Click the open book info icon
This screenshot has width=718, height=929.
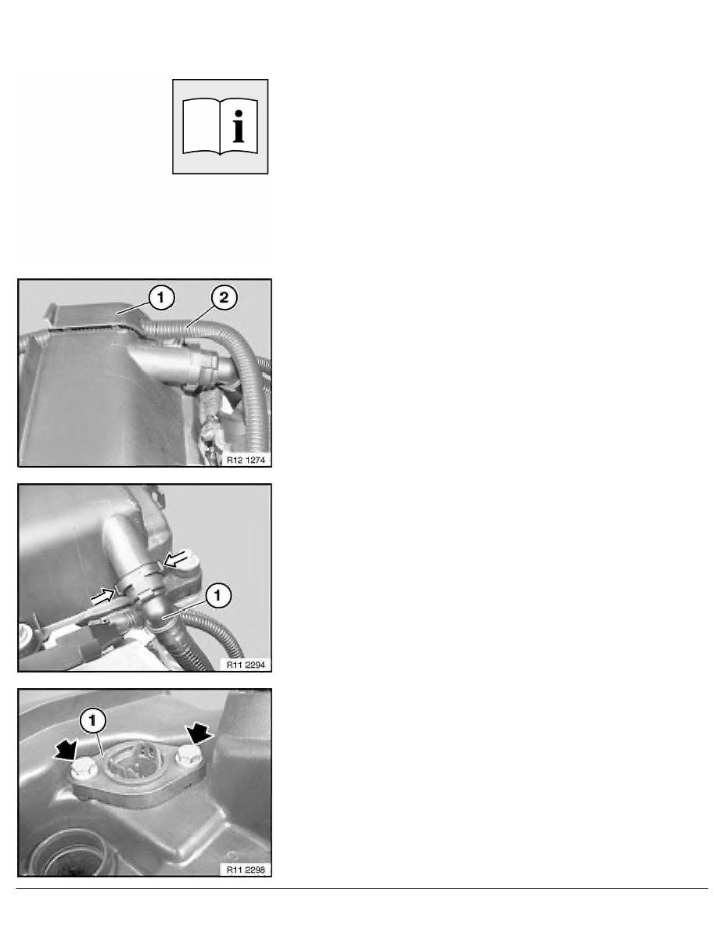[x=220, y=127]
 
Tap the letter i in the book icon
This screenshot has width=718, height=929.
[x=238, y=126]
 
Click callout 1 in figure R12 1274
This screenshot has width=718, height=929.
[x=160, y=297]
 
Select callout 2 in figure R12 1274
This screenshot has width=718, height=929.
[x=224, y=297]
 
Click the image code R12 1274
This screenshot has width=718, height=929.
[x=246, y=460]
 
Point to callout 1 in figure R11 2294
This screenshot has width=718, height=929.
[x=217, y=595]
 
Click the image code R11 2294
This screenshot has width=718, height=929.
[x=246, y=665]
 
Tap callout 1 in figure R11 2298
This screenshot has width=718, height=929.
[x=93, y=720]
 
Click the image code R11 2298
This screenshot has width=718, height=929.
[x=246, y=870]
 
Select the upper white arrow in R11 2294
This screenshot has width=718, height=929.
[x=179, y=558]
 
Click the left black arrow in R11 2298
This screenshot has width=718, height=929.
[x=66, y=751]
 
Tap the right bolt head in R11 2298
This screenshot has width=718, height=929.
[x=188, y=755]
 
